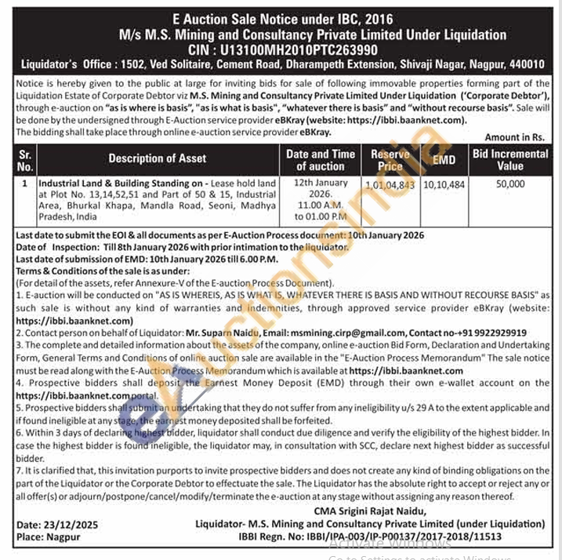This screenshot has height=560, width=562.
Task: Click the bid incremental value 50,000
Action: click(x=510, y=184)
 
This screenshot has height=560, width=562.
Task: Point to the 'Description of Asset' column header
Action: click(x=158, y=158)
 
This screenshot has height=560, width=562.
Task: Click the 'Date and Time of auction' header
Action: click(x=320, y=159)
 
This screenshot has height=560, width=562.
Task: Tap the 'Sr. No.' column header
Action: click(x=25, y=159)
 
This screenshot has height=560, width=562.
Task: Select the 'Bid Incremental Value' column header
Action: click(x=510, y=159)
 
